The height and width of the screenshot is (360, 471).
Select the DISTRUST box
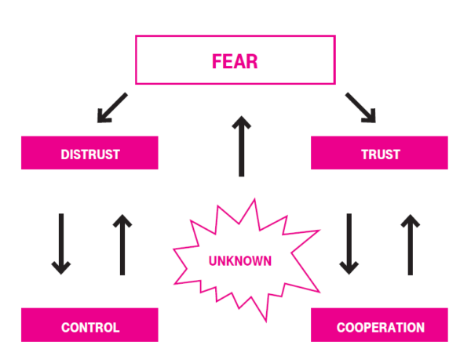coord(89,153)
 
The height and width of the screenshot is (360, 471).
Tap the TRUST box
coord(380,153)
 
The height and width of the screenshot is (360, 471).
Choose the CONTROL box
coord(89,326)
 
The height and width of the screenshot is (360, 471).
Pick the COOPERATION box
coord(380,326)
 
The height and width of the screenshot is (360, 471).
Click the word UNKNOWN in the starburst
coord(240,260)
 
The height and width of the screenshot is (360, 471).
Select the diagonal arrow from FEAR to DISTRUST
coord(111,107)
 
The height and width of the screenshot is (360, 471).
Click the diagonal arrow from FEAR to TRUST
coord(359,107)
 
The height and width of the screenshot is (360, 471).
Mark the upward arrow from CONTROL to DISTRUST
coord(121,244)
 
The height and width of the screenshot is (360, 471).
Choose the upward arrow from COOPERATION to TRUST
coord(409,244)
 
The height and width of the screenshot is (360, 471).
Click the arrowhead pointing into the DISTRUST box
coord(102,116)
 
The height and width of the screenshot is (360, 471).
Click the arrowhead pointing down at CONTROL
coord(60,267)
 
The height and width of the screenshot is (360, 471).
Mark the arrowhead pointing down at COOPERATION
coord(349,267)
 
